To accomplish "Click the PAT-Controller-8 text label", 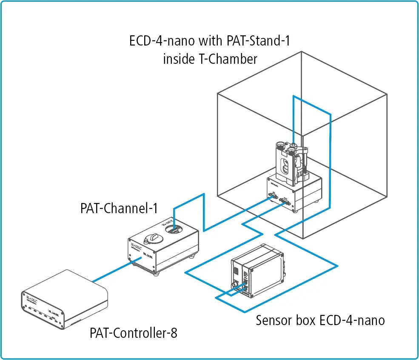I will point(133,333).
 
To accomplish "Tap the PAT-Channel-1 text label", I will point(119,209).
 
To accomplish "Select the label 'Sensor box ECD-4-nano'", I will point(320,320).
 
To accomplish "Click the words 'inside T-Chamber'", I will point(210,59).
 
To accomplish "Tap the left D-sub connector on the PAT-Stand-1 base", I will point(271,197).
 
